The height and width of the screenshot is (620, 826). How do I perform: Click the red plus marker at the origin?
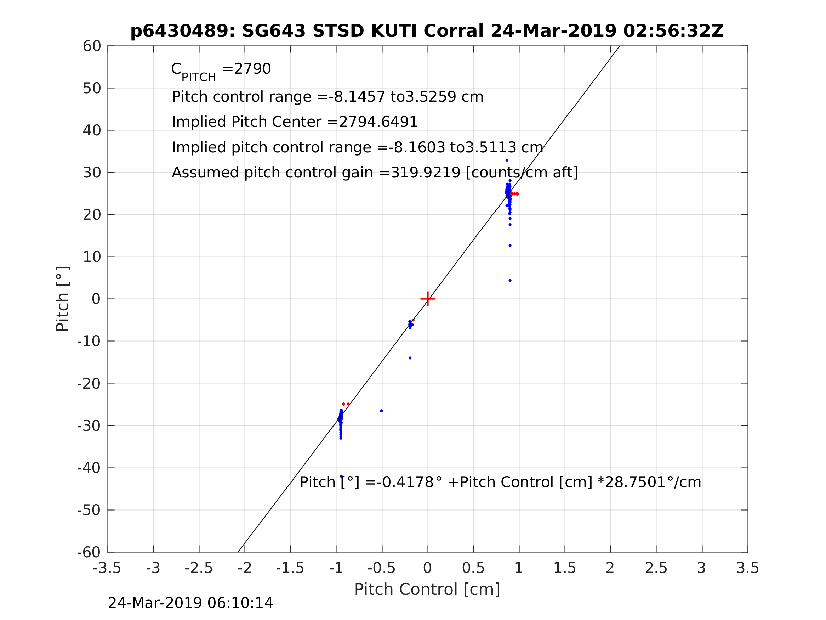[x=428, y=299]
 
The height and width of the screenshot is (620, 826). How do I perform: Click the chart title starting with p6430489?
[x=427, y=31]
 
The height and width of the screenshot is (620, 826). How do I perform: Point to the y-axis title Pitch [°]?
[x=62, y=299]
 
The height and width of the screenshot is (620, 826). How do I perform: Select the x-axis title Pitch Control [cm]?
[x=427, y=590]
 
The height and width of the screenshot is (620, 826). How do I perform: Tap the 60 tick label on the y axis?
[x=92, y=46]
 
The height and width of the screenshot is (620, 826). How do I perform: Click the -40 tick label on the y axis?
[x=89, y=468]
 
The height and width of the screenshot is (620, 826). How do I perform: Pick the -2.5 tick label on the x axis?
[x=199, y=568]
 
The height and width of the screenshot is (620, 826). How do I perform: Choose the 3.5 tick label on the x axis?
[x=748, y=568]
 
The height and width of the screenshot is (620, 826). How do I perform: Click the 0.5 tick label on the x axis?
[x=473, y=568]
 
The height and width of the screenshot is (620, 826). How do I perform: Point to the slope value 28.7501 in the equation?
[x=634, y=483]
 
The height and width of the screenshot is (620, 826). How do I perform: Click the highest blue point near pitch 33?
[x=507, y=160]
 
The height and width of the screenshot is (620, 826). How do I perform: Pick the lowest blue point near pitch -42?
[x=341, y=476]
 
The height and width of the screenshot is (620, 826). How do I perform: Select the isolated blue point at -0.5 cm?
[x=381, y=411]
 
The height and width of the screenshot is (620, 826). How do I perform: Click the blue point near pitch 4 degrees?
[x=510, y=281]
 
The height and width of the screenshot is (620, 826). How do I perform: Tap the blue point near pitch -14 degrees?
[x=410, y=358]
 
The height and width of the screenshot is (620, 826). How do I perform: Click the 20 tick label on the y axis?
[x=92, y=215]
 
